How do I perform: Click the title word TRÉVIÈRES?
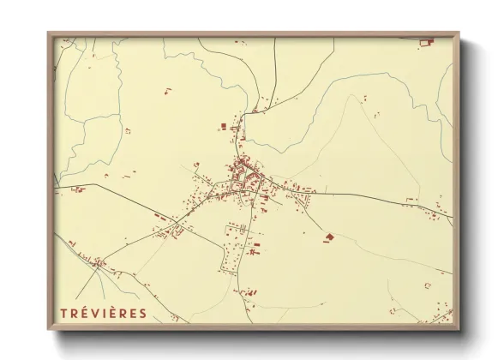click(103, 313)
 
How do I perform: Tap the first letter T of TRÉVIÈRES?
click(63, 313)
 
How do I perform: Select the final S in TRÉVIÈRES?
click(142, 313)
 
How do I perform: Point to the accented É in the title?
click(83, 313)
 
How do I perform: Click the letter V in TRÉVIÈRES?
click(93, 313)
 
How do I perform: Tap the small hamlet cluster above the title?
click(99, 262)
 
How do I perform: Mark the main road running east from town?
click(360, 195)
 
